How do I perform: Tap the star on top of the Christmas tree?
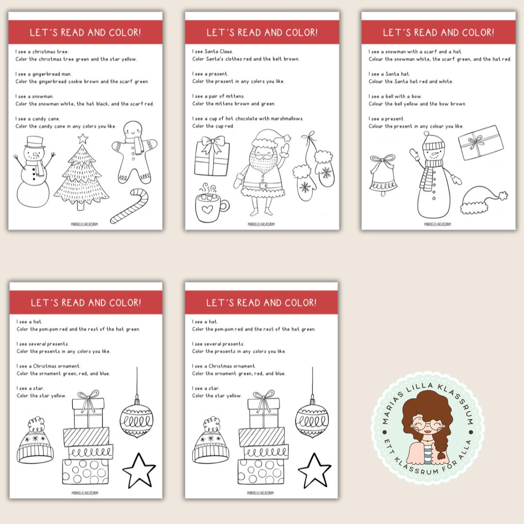point(83,138)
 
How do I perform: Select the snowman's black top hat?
point(35,142)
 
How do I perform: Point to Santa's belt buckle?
point(263,185)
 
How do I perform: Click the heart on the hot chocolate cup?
point(207,210)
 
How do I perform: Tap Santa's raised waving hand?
point(284,150)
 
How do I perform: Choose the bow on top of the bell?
point(383,160)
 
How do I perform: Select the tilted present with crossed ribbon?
point(480,142)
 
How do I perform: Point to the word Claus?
point(226,51)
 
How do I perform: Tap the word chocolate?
point(246,119)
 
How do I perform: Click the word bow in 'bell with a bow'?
point(416,96)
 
